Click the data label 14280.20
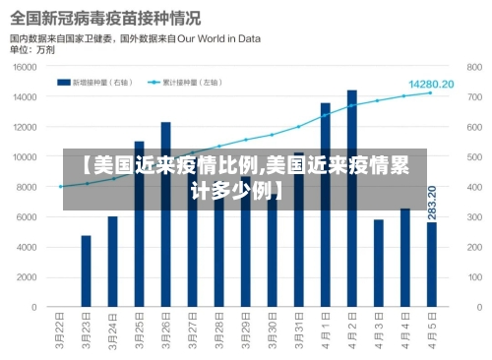coord(431,84)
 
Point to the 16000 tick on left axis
coord(28,68)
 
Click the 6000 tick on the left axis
coord(30,217)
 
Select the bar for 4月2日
coord(351,197)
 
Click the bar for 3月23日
coord(87,270)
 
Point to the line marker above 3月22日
coord(60,186)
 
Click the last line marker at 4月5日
coord(431,92)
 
